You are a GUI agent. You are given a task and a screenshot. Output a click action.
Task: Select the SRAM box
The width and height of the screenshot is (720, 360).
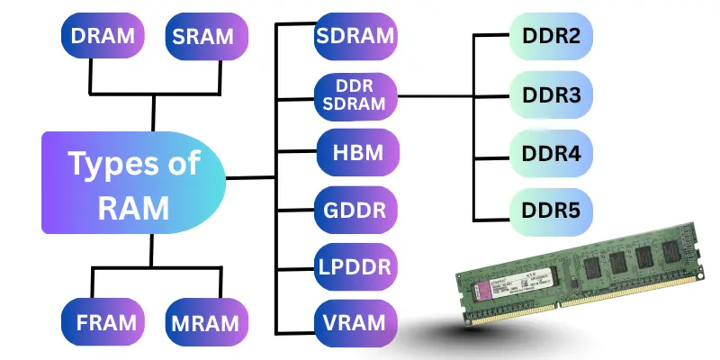203,38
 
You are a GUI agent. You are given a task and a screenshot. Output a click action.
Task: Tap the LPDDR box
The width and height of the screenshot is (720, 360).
355,268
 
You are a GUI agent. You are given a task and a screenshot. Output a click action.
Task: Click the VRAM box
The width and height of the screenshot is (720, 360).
355,322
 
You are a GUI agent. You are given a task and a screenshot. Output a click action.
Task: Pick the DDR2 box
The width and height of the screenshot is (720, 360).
552,38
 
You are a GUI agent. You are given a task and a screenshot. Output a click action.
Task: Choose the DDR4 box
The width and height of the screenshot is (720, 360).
552,153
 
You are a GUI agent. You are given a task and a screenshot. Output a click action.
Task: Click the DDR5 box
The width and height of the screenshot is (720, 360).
552,211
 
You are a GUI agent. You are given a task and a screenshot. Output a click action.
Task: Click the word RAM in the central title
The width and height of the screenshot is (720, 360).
132,208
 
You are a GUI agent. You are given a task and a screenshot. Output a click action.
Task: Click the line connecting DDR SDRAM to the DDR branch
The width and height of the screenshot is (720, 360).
436,96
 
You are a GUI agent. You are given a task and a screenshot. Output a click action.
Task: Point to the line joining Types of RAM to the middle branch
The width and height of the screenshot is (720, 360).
250,177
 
